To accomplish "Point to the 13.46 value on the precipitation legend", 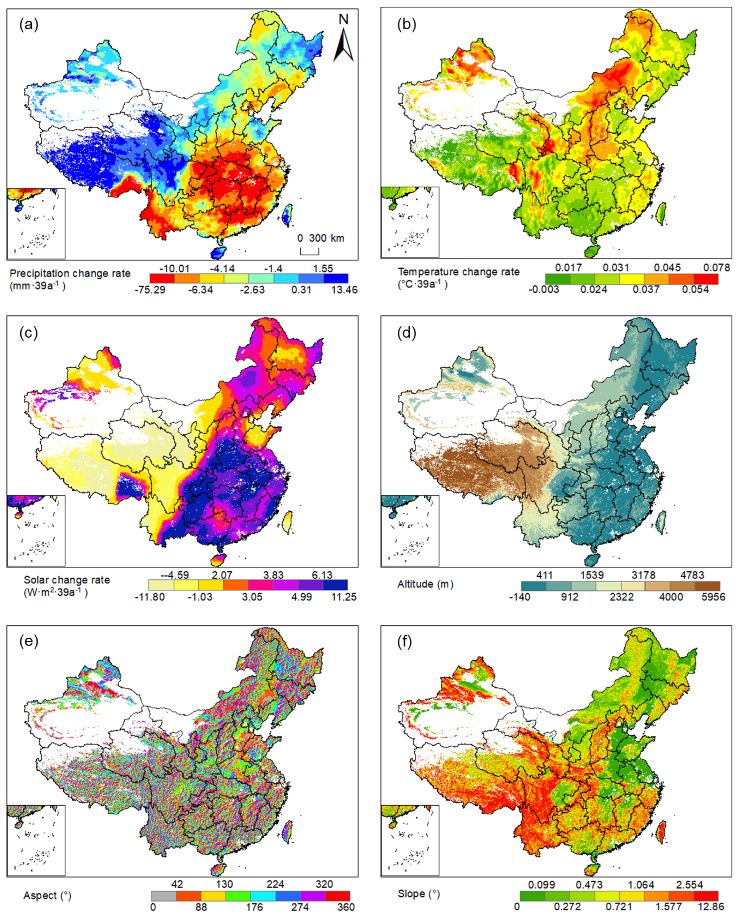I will (345, 290).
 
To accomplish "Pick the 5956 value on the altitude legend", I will (713, 597).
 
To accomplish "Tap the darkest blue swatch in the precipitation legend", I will (336, 278).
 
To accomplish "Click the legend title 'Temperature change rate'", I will (458, 272).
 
